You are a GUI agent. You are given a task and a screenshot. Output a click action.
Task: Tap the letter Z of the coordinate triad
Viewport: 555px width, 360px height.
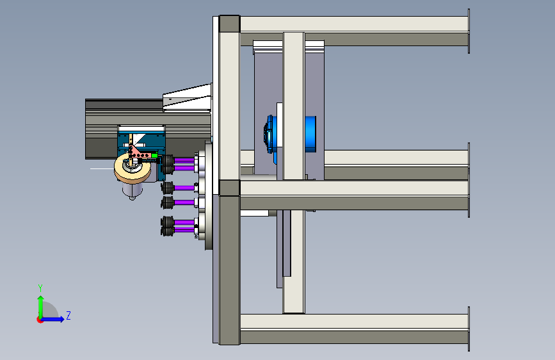pyautogui.click(x=68, y=315)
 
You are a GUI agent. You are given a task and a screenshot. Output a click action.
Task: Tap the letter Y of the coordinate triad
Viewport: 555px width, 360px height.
pyautogui.click(x=40, y=288)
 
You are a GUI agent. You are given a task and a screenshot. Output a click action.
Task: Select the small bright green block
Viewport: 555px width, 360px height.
pyautogui.click(x=154, y=155)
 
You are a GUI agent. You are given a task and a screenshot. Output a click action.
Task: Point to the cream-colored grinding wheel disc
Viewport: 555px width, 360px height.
pyautogui.click(x=133, y=168)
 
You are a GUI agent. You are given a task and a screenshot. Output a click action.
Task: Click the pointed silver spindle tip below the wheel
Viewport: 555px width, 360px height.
pyautogui.click(x=132, y=192)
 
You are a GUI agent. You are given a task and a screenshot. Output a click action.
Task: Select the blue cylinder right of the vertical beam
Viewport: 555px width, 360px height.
pyautogui.click(x=310, y=134)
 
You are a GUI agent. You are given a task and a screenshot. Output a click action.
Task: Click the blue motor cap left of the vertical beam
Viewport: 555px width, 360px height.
pyautogui.click(x=270, y=135)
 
